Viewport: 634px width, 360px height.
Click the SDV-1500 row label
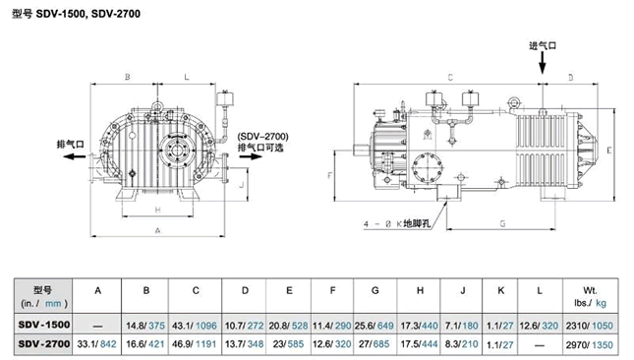pos(43,325)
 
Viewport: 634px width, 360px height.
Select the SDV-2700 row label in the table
pos(43,344)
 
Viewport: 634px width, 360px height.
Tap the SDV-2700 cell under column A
pos(96,344)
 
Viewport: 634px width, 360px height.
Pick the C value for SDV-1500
pos(195,326)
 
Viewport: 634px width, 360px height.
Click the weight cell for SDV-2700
pos(590,345)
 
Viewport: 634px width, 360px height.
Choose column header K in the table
pos(501,290)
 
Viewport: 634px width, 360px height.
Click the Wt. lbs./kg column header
pos(590,296)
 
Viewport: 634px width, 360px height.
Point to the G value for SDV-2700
pos(375,344)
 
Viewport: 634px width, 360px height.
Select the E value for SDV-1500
pos(288,326)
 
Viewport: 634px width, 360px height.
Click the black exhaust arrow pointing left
pos(75,156)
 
